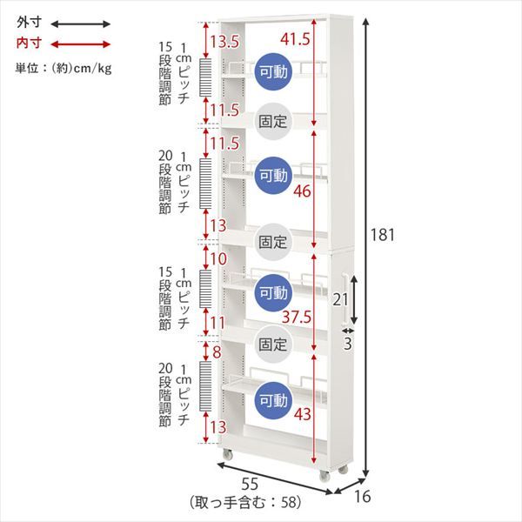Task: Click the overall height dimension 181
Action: point(383,235)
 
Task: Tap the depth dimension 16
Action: point(362,497)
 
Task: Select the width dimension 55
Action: point(250,485)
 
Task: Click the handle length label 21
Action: point(340,299)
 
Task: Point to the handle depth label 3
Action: point(347,344)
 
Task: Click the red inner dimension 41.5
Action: point(295,39)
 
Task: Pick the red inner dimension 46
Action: point(302,191)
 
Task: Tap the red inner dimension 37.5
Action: point(297,317)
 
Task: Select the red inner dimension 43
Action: point(302,414)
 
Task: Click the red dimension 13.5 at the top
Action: point(224,42)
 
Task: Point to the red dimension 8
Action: point(217,352)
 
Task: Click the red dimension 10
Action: point(218,258)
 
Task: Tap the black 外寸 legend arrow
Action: point(80,24)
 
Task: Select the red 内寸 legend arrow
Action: point(80,44)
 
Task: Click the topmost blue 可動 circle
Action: point(273,71)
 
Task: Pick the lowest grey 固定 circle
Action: point(273,345)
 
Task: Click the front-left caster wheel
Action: point(227,454)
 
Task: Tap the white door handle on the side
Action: point(345,298)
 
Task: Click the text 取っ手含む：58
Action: point(245,502)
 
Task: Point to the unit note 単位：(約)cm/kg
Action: point(64,68)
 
